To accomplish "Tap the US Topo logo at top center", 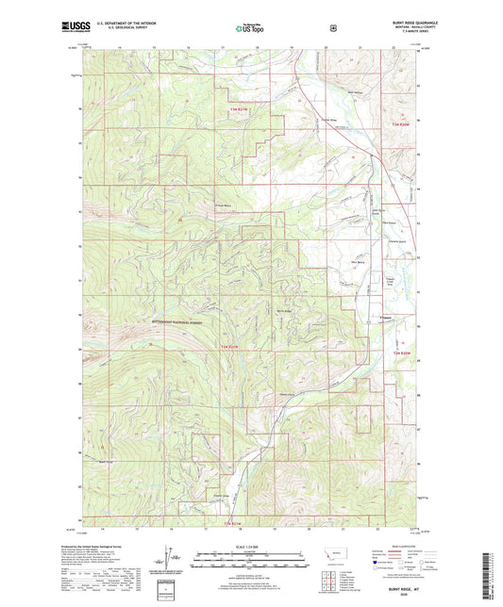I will (250, 29).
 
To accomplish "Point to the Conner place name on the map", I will (385, 318).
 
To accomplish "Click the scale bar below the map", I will (250, 561).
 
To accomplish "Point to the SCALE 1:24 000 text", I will (250, 547).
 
